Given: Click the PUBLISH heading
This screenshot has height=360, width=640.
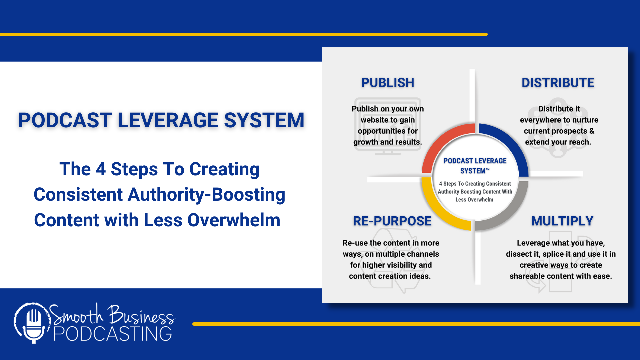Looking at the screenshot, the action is [x=388, y=83].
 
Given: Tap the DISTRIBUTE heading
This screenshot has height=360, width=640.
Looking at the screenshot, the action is [x=558, y=83].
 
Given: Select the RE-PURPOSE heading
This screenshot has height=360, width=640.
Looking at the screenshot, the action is [x=392, y=221].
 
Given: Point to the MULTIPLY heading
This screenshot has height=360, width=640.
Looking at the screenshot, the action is [x=562, y=221].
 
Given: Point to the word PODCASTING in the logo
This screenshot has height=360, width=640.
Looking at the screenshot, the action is [x=113, y=334].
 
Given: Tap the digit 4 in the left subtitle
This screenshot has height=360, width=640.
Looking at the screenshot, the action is [x=101, y=169].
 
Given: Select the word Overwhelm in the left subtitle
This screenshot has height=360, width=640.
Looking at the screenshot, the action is [x=234, y=220].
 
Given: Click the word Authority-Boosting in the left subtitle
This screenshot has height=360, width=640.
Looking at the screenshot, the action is [x=206, y=195].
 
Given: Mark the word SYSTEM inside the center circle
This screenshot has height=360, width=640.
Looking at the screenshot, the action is [x=473, y=171].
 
